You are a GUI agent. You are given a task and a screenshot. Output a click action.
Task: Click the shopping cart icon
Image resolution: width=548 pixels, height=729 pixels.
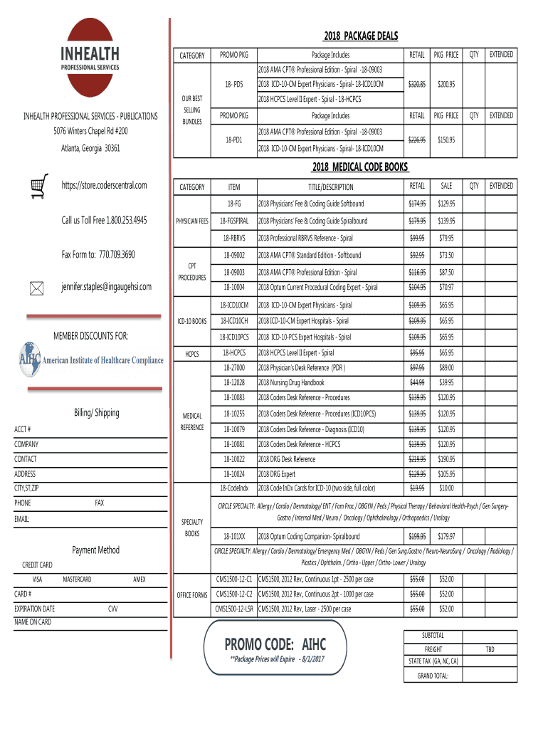click(x=40, y=184)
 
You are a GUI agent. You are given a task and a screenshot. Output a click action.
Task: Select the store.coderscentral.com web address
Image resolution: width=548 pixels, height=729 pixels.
click(x=104, y=186)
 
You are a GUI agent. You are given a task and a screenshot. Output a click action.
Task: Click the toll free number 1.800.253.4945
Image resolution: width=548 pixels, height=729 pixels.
click(x=104, y=220)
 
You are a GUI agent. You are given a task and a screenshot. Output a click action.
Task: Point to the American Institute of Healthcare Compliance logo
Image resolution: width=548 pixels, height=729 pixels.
click(x=91, y=360)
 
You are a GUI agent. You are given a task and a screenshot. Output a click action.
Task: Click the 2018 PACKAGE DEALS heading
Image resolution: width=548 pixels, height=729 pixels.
click(x=360, y=36)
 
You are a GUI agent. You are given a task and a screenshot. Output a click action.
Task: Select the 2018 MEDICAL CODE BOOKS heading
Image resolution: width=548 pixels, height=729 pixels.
click(x=360, y=167)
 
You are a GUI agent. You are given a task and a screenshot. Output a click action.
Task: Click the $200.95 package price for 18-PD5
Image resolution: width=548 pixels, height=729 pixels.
click(x=446, y=84)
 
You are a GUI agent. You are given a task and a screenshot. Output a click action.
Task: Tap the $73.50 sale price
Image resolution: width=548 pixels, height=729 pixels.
click(x=446, y=256)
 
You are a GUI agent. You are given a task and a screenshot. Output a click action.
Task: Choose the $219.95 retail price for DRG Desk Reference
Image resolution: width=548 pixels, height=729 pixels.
click(x=416, y=459)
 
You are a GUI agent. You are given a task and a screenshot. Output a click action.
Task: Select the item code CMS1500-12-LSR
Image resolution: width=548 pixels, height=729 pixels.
click(x=234, y=609)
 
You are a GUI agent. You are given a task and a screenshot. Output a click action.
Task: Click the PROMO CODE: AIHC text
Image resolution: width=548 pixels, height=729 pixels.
click(x=275, y=644)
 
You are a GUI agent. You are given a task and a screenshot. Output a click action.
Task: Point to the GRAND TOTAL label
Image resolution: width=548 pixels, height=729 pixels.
click(x=433, y=676)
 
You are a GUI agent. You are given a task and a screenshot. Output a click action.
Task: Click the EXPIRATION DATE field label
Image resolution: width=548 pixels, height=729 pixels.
click(x=34, y=609)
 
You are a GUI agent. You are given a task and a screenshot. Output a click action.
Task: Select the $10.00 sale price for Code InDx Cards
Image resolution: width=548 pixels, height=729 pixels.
click(x=446, y=488)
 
